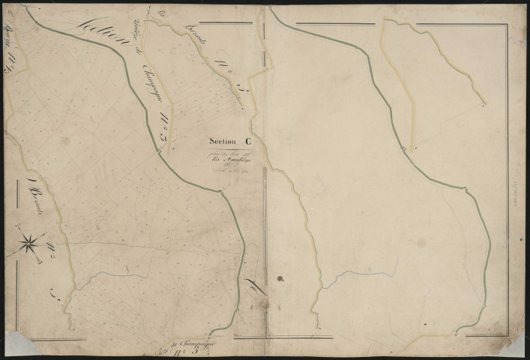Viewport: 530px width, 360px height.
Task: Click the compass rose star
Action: (29, 241)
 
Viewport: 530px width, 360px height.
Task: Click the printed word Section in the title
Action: (223, 142)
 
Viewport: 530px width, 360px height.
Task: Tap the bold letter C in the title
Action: (248, 141)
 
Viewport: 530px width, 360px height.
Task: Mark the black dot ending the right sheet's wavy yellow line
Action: (483, 106)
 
